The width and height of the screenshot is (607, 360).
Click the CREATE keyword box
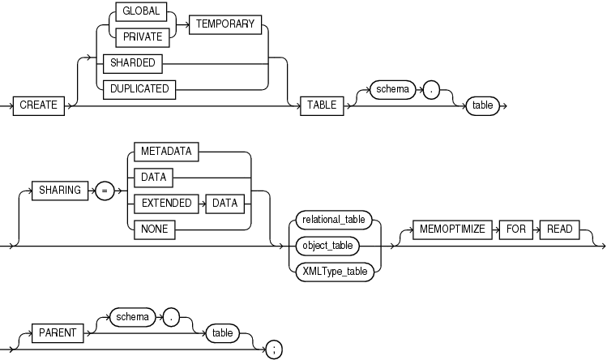point(39,105)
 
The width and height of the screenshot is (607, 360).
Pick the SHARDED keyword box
point(128,62)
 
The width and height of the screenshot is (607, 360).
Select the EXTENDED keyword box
point(164,204)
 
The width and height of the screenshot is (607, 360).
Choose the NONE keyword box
point(152,229)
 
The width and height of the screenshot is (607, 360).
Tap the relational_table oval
point(334,218)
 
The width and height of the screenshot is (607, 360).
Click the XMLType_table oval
point(334,270)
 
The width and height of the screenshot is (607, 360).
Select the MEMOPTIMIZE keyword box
point(452,229)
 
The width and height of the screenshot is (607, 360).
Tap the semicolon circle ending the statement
point(275,349)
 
